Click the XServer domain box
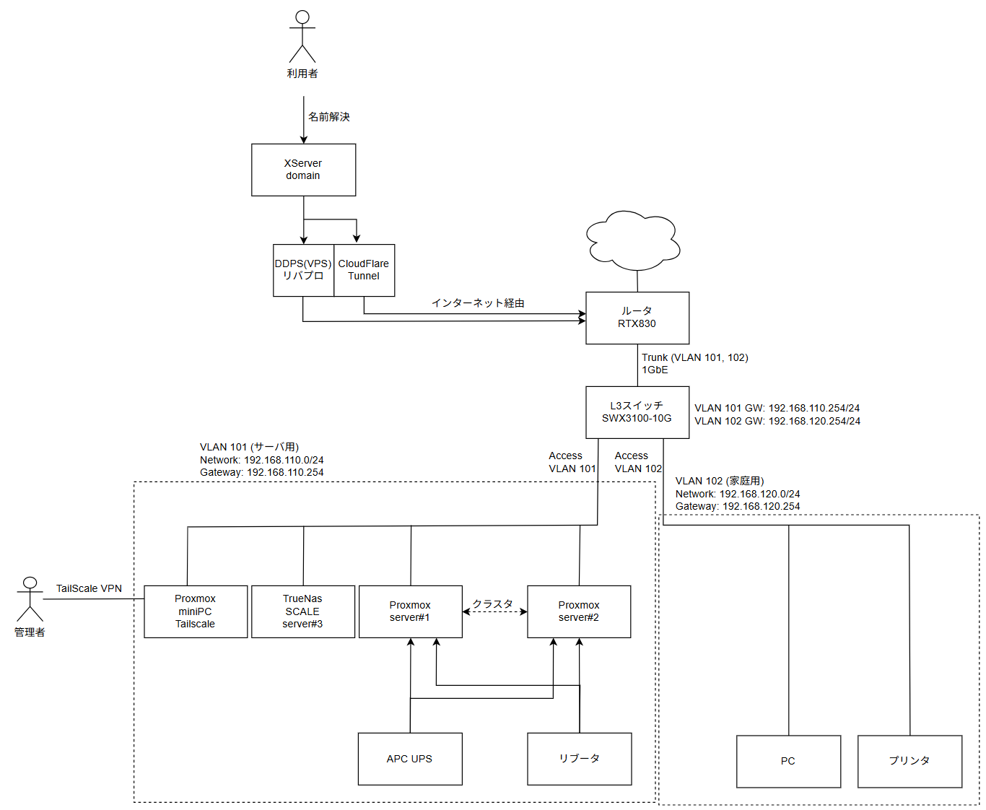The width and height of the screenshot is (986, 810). [303, 170]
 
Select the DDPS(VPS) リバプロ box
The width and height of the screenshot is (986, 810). [303, 270]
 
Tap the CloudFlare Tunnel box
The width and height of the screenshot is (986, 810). [364, 270]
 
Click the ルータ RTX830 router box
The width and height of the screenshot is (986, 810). [637, 318]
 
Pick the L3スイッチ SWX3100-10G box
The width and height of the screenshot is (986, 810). [637, 412]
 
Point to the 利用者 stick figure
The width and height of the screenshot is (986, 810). [302, 38]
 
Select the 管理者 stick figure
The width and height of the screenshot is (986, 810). [30, 600]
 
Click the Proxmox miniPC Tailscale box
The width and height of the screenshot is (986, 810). [196, 611]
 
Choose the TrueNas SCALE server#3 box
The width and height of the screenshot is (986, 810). [303, 611]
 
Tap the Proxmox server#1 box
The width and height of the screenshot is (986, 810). [410, 611]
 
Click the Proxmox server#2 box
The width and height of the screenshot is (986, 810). [579, 611]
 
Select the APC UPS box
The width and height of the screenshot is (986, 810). [410, 759]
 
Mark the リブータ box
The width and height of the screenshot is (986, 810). [579, 759]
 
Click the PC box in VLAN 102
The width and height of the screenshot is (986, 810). [788, 761]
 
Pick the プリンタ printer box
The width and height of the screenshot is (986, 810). [909, 761]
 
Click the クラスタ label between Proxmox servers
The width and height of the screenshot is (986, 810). [493, 604]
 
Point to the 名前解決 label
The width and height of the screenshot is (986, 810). [329, 117]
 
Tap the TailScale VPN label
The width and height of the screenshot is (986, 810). [90, 588]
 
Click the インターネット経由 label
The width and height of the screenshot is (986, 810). [478, 303]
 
